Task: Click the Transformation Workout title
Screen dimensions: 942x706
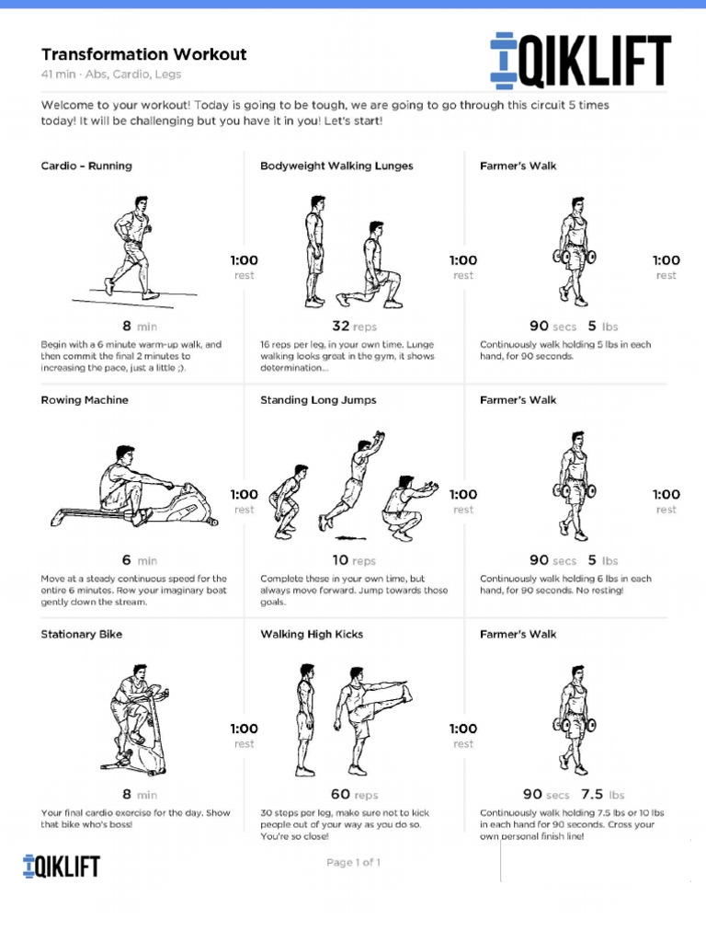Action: coord(143,54)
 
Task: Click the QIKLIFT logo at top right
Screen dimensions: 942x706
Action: coord(580,61)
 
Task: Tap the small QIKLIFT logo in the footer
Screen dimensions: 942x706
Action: coord(61,866)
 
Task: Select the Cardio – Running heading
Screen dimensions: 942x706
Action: coord(86,166)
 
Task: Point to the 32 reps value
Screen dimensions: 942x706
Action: coord(354,326)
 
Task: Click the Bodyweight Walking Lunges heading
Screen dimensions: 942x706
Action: coord(336,166)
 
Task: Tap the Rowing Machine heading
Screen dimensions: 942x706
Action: coord(85,400)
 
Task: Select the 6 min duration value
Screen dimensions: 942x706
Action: coord(139,560)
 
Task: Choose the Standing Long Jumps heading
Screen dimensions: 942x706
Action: coord(318,400)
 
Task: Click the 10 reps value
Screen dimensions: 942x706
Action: coord(354,560)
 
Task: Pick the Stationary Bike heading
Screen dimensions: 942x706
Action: coord(81,634)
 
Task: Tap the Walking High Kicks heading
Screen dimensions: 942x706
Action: coord(312,634)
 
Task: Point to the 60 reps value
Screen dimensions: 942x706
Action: coord(354,794)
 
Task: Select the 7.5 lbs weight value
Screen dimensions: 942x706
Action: coord(602,794)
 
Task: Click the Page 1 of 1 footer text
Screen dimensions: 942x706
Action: coord(353,863)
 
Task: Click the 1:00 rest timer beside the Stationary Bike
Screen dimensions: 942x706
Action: coord(244,734)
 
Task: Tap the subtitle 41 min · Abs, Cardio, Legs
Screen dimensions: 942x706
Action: coord(111,75)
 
